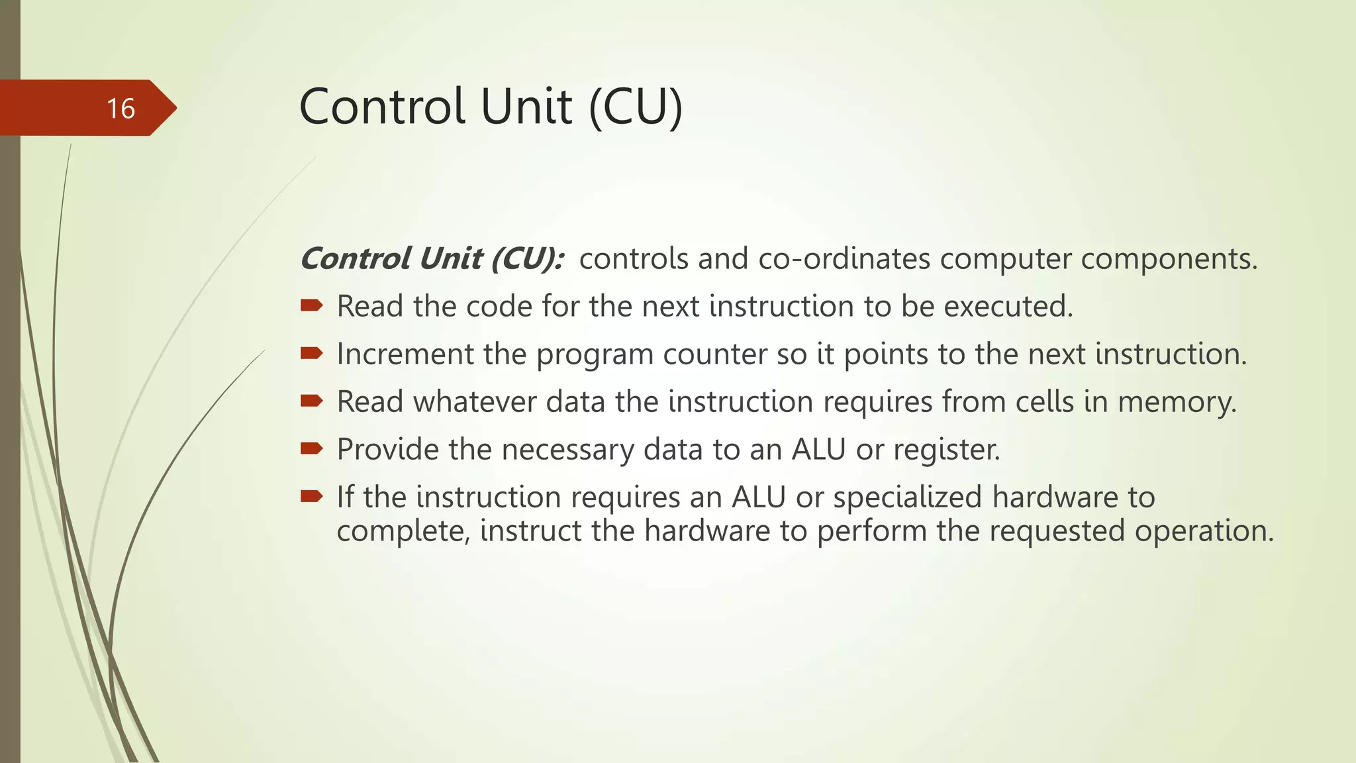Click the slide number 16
(121, 109)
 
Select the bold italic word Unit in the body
(450, 258)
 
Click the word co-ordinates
(844, 258)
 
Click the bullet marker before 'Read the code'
(311, 305)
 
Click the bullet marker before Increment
(311, 353)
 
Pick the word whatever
(475, 402)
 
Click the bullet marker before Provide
(311, 448)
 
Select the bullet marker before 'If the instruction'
(311, 496)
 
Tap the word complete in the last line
(403, 532)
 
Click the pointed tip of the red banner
(175, 108)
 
